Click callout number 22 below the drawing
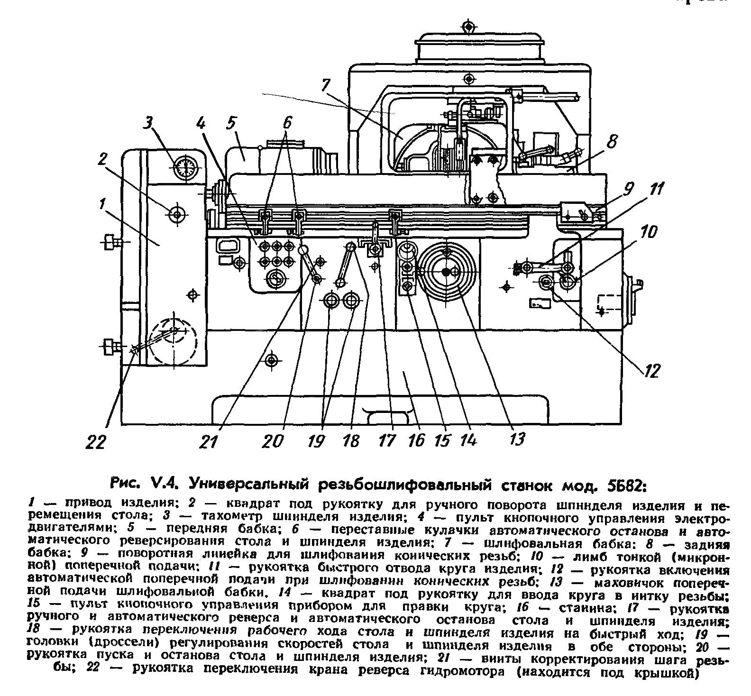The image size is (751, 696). (x=96, y=442)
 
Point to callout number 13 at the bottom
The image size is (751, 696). (x=517, y=439)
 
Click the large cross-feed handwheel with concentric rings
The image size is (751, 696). (x=446, y=272)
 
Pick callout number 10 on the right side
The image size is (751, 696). (x=649, y=232)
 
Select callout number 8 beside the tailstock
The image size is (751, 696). (x=612, y=141)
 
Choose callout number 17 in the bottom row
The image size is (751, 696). (x=387, y=440)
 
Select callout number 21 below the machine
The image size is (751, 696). (x=208, y=441)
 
